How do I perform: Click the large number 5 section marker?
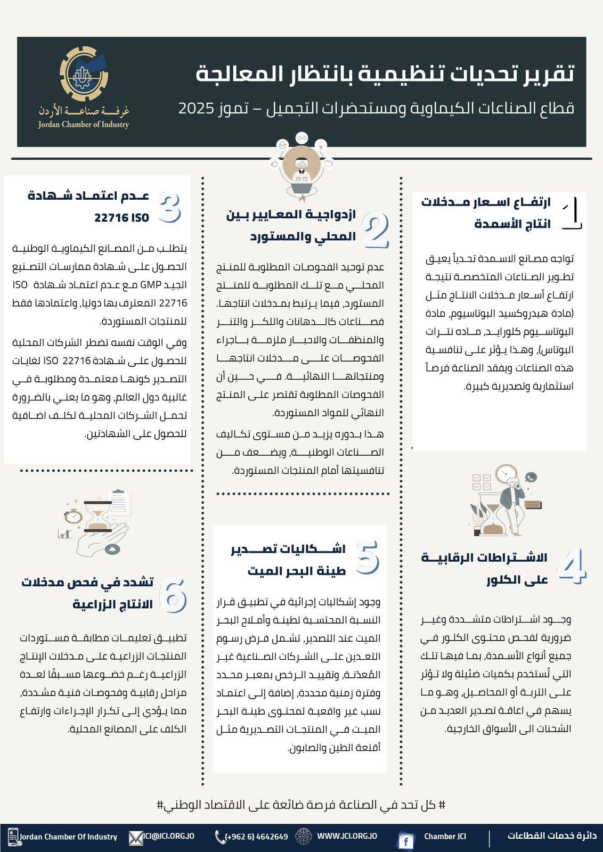[x=366, y=558]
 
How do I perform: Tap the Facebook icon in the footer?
[x=406, y=841]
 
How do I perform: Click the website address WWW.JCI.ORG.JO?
[x=347, y=836]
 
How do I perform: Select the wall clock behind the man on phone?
[x=506, y=474]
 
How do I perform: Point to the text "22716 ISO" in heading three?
[x=121, y=218]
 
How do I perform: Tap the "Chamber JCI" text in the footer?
[x=445, y=837]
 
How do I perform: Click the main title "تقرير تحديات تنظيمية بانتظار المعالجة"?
[x=385, y=74]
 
